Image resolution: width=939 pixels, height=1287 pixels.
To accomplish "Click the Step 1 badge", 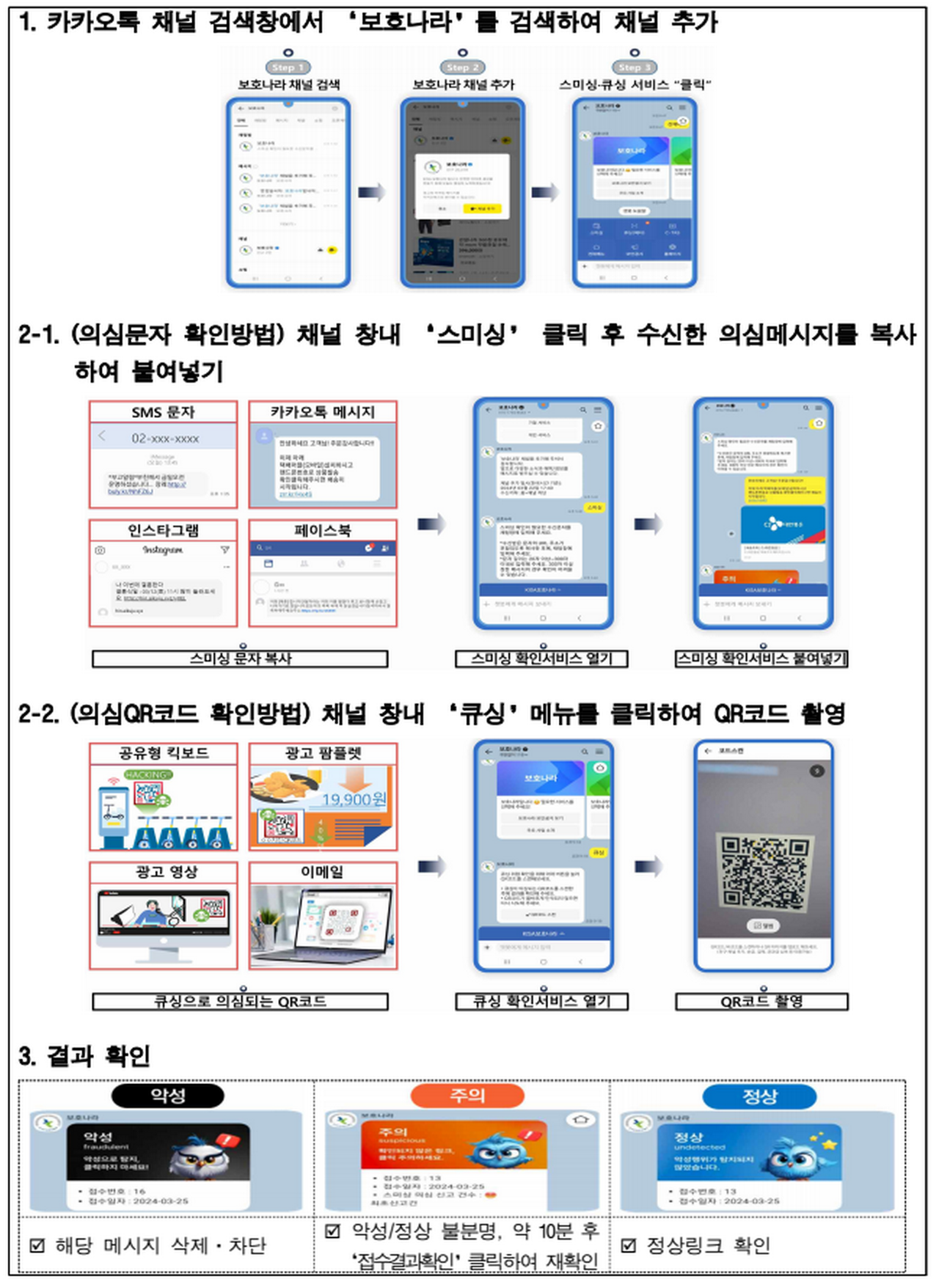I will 288,67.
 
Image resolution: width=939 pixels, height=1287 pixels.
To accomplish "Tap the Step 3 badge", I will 635,67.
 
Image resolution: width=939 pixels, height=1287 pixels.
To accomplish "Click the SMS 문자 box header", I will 164,412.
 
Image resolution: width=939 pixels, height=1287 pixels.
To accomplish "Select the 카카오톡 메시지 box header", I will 323,412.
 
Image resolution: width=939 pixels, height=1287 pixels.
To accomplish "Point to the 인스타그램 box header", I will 164,530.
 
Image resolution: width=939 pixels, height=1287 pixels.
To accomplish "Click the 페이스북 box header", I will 323,530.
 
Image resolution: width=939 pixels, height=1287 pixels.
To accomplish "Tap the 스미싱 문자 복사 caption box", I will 240,659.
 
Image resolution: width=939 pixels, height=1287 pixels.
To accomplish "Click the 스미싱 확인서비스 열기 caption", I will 541,659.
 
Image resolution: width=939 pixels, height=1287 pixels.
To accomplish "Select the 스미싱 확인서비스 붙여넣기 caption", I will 761,659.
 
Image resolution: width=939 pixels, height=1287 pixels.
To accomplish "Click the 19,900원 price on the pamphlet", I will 354,799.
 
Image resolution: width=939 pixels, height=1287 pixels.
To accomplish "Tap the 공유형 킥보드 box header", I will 164,753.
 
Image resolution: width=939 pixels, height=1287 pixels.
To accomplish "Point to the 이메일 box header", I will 323,872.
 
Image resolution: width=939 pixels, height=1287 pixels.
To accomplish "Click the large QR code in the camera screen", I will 763,872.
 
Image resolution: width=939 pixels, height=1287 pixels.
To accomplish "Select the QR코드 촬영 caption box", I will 761,1001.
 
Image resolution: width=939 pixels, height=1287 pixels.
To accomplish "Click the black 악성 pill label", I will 168,1096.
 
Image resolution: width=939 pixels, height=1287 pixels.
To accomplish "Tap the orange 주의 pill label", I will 467,1096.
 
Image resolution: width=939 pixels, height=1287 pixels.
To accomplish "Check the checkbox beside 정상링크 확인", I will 629,1246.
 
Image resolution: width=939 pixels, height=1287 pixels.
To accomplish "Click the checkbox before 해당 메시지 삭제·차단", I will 37,1246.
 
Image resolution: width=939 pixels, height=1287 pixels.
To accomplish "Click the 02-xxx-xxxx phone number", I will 165,439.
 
